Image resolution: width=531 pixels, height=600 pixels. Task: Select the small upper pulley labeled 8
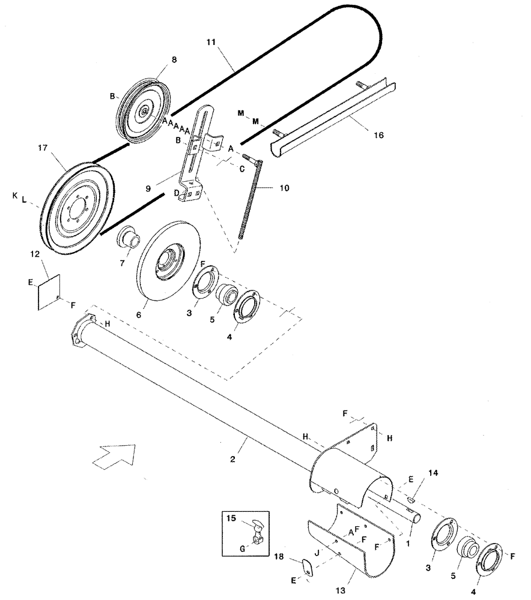pos(144,111)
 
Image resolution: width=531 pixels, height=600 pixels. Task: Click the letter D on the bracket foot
pos(176,193)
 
